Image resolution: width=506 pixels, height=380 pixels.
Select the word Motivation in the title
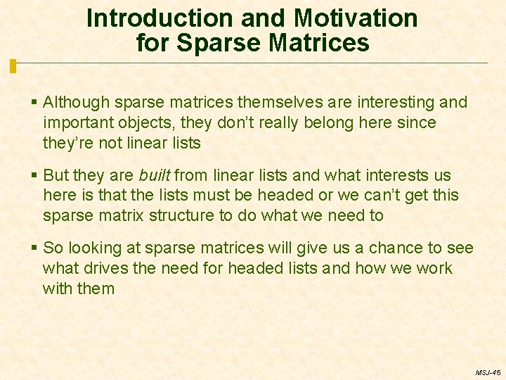tap(356, 18)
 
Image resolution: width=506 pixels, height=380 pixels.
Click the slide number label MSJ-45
tap(487, 372)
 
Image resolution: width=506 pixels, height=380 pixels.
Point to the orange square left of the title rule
tap(13, 66)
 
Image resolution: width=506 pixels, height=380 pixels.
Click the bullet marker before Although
tap(35, 103)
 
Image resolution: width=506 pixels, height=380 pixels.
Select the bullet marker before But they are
tap(35, 175)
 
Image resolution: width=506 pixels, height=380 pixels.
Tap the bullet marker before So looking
tap(35, 248)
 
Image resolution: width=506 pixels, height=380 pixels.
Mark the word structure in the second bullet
tap(183, 215)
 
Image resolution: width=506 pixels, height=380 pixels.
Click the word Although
tap(76, 103)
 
